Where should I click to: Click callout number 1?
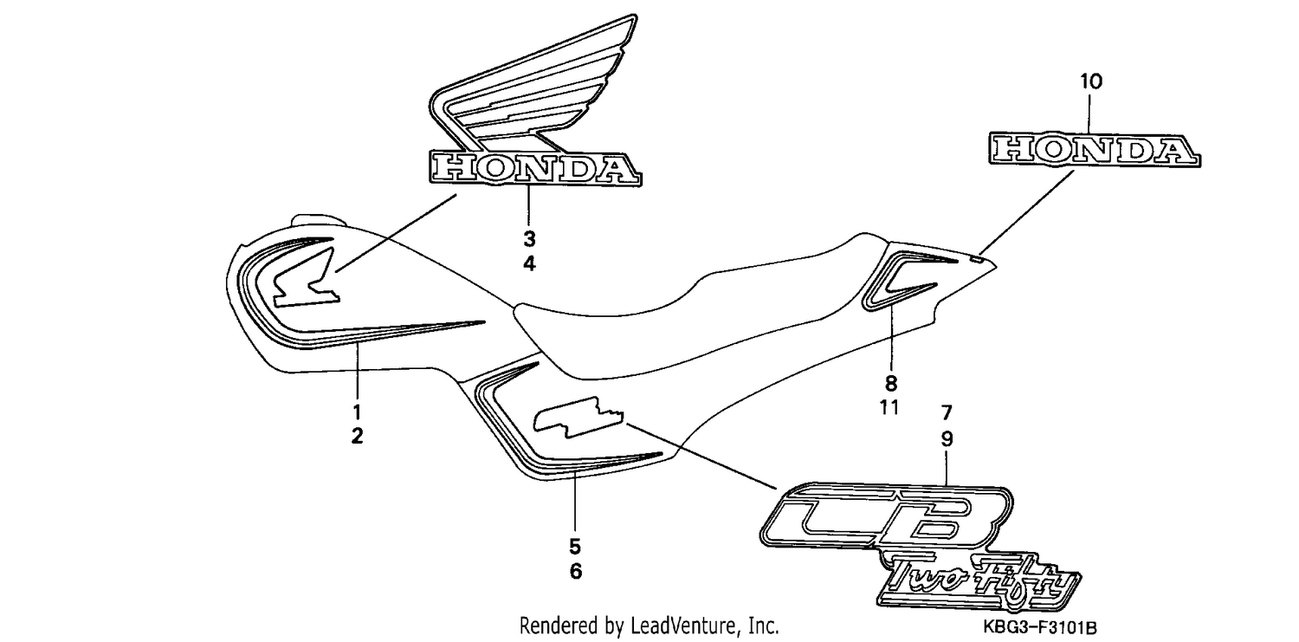pyautogui.click(x=357, y=412)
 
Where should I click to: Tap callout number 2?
pyautogui.click(x=357, y=436)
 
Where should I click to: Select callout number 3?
pyautogui.click(x=529, y=239)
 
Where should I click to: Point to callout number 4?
pyautogui.click(x=529, y=264)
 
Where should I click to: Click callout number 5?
pyautogui.click(x=575, y=547)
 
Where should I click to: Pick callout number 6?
pyautogui.click(x=575, y=571)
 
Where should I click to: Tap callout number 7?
pyautogui.click(x=947, y=413)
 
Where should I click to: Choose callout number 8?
pyautogui.click(x=891, y=383)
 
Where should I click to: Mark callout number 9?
pyautogui.click(x=947, y=439)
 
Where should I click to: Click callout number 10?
pyautogui.click(x=1090, y=81)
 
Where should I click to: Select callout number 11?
pyautogui.click(x=889, y=408)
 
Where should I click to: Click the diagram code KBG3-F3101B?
pyautogui.click(x=1040, y=627)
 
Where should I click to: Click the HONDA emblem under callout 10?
pyautogui.click(x=1095, y=150)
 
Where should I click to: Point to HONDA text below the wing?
pyautogui.click(x=535, y=168)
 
